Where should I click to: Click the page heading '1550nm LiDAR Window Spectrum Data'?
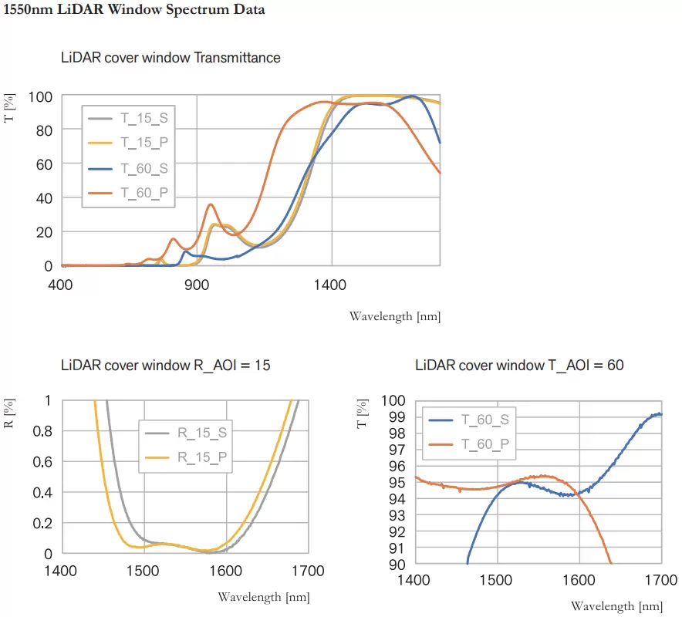tap(134, 11)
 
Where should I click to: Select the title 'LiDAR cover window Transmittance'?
tap(170, 58)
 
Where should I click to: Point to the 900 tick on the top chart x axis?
tap(197, 285)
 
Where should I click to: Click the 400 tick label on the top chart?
tap(61, 285)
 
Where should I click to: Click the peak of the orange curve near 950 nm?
tap(211, 204)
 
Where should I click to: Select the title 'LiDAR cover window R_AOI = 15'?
tap(166, 365)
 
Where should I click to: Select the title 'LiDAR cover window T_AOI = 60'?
tap(519, 365)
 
